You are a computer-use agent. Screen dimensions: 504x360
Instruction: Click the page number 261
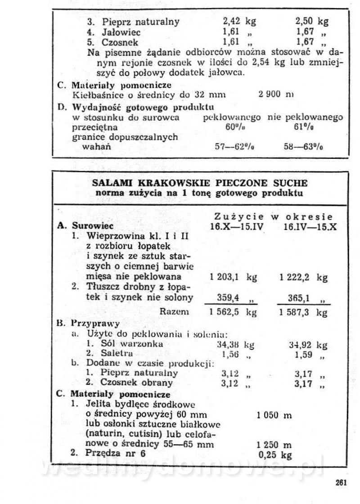[341, 483]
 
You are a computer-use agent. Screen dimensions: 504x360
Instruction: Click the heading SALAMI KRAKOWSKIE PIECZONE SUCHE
[200, 183]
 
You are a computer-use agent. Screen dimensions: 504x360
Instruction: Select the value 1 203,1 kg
[233, 277]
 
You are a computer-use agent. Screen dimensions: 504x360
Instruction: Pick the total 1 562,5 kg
[233, 312]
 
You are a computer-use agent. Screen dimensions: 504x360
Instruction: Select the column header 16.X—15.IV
[237, 226]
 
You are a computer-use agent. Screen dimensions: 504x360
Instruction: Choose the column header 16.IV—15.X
[310, 226]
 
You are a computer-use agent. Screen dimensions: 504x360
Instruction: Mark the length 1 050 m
[274, 415]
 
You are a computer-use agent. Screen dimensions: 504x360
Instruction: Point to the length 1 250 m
[274, 444]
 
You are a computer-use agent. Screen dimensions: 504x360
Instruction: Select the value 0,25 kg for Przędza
[275, 454]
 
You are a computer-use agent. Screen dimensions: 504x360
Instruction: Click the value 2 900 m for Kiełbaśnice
[276, 95]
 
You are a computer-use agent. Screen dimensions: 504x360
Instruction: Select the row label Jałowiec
[121, 32]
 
